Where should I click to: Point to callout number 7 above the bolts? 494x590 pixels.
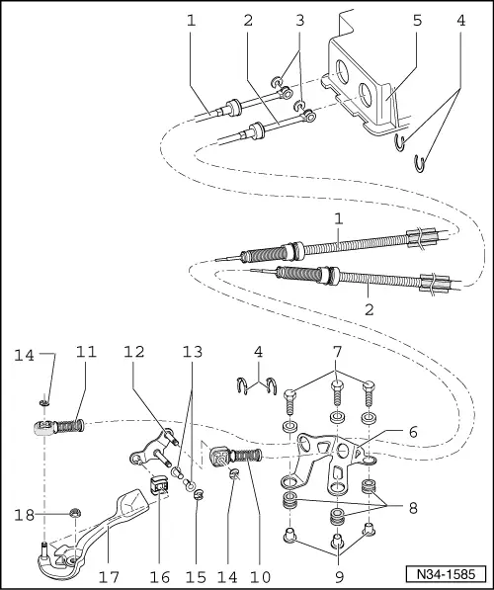click(338, 352)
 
